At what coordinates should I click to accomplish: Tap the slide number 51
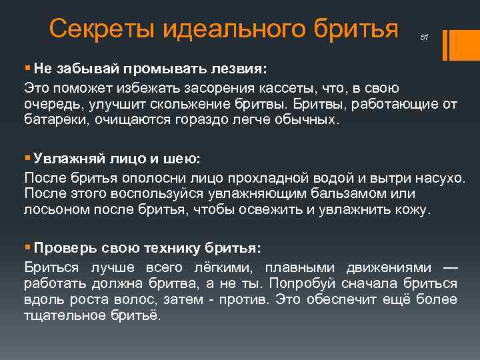click(x=424, y=38)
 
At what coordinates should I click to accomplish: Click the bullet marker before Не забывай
click(x=27, y=68)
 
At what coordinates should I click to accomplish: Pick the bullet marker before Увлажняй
click(x=27, y=160)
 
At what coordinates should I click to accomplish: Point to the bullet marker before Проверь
click(x=27, y=247)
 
